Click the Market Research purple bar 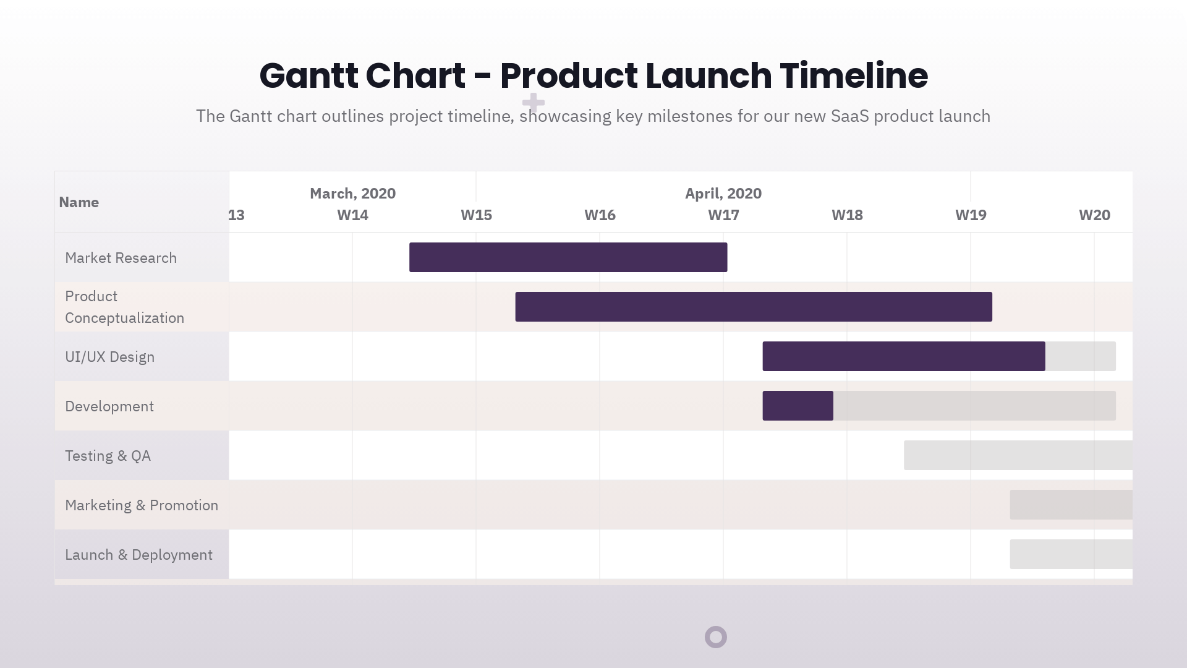(x=568, y=257)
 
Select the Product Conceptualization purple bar (x=754, y=307)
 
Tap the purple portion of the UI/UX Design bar (x=903, y=356)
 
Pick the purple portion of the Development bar (x=798, y=406)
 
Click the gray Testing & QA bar (x=1018, y=455)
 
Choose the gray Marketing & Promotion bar (x=1071, y=505)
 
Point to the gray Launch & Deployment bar (x=1071, y=554)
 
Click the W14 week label (x=352, y=215)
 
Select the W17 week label (x=723, y=215)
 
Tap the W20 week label (x=1094, y=215)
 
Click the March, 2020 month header (x=352, y=194)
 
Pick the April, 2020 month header (x=723, y=194)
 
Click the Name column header (x=79, y=202)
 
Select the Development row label (x=109, y=406)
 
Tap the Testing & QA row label (x=108, y=456)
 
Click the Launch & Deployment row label (x=138, y=555)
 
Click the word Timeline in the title (x=853, y=75)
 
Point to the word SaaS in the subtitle (x=849, y=116)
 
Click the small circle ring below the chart (x=716, y=637)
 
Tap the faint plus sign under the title (x=533, y=102)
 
